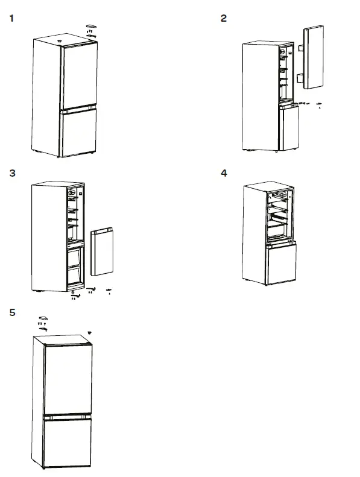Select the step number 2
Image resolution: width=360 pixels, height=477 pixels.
coord(224,18)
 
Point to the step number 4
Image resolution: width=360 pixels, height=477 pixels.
coord(224,174)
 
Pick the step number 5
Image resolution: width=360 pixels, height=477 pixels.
coord(12,312)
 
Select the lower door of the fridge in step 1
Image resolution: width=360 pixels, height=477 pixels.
coord(78,131)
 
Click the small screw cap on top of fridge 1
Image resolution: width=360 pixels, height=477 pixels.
coord(60,40)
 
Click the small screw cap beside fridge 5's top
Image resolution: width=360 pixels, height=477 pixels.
coord(89,332)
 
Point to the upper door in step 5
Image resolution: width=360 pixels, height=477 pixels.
coord(67,377)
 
